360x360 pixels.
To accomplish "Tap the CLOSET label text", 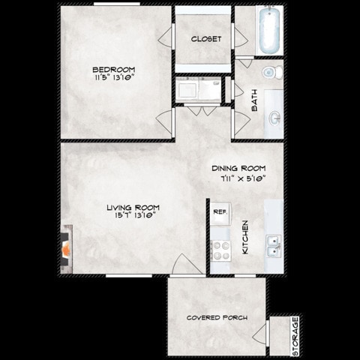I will pyautogui.click(x=206, y=39).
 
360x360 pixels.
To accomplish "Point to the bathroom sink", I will pyautogui.click(x=275, y=117).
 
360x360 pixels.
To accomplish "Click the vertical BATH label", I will pyautogui.click(x=254, y=103).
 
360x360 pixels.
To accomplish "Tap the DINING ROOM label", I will pyautogui.click(x=237, y=169).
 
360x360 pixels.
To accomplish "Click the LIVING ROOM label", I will pyautogui.click(x=132, y=207).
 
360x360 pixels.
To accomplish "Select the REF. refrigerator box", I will pyautogui.click(x=219, y=212).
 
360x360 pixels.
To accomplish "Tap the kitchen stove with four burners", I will pyautogui.click(x=220, y=250).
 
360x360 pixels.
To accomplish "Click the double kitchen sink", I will pyautogui.click(x=274, y=244).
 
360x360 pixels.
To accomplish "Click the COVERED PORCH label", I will pyautogui.click(x=217, y=318).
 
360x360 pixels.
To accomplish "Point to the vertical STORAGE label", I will pyautogui.click(x=295, y=336).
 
